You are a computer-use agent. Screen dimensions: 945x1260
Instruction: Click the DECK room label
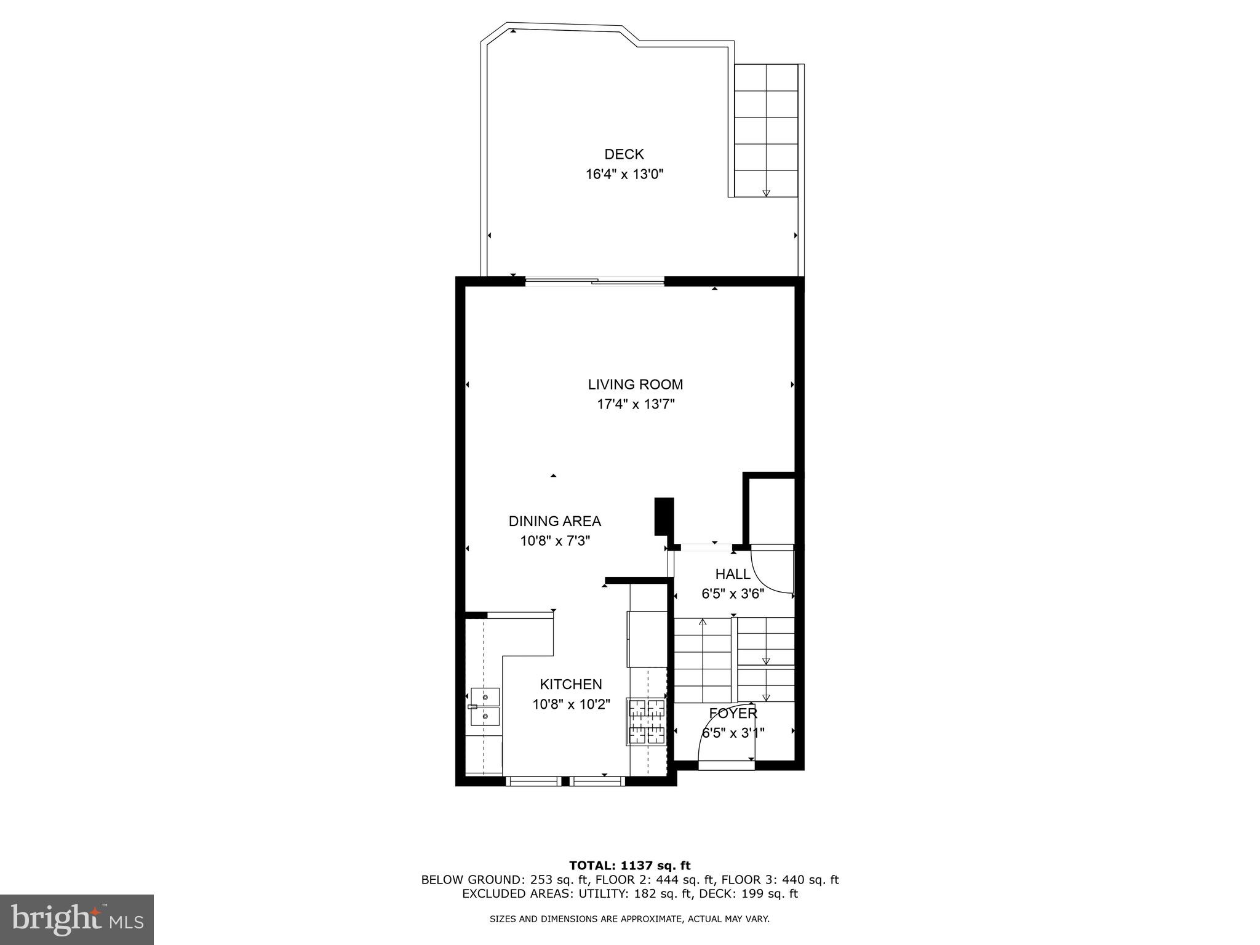tap(624, 154)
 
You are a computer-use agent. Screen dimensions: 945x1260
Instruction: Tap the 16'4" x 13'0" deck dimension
tap(624, 175)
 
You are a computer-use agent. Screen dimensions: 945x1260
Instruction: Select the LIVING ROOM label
tap(635, 385)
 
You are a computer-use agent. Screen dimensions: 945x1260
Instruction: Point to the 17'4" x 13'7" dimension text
tap(635, 405)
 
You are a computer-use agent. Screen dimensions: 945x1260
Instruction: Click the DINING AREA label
tap(554, 521)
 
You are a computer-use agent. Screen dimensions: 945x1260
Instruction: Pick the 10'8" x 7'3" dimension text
tap(554, 541)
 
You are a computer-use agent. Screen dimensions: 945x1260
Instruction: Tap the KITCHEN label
tap(570, 684)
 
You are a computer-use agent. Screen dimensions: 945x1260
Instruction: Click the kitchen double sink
tap(485, 707)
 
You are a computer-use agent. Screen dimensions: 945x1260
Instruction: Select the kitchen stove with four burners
tap(647, 722)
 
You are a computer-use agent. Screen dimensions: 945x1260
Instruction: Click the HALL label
tap(732, 574)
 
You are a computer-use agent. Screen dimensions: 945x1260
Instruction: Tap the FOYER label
tap(732, 714)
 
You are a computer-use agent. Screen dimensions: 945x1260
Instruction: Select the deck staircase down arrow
tap(766, 193)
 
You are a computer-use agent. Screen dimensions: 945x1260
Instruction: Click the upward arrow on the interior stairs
tap(703, 623)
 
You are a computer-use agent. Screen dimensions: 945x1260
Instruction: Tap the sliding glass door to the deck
tap(594, 282)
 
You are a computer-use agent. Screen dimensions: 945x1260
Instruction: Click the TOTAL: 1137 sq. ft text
tap(629, 866)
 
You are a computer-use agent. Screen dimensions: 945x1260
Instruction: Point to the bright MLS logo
tap(76, 919)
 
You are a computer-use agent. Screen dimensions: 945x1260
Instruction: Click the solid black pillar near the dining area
tap(664, 516)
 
